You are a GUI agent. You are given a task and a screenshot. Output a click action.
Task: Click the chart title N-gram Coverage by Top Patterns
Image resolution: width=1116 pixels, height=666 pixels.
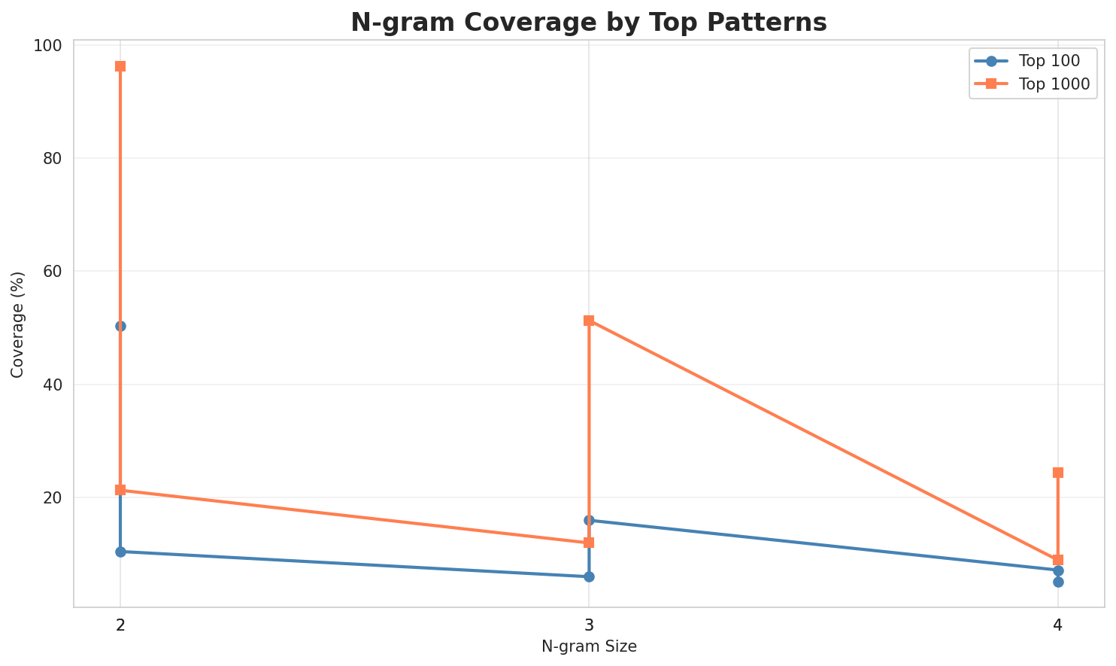(x=589, y=23)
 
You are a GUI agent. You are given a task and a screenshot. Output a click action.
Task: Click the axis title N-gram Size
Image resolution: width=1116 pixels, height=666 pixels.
(x=589, y=646)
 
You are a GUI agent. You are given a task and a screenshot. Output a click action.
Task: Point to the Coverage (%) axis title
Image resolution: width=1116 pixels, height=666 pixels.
(x=17, y=324)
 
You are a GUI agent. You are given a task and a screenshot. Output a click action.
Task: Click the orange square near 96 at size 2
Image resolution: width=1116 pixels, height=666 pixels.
(x=120, y=66)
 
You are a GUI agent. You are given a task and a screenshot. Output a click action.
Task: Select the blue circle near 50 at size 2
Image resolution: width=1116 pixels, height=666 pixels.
(x=120, y=326)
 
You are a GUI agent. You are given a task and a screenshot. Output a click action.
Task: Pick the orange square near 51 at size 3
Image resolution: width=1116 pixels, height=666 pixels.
(x=589, y=321)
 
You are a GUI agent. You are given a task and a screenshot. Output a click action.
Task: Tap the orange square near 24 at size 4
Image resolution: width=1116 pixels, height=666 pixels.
(x=1058, y=473)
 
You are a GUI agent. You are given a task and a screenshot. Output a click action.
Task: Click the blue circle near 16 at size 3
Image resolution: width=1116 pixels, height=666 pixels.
(x=589, y=520)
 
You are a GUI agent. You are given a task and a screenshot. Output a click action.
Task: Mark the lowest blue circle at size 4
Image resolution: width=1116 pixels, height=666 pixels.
(x=1058, y=582)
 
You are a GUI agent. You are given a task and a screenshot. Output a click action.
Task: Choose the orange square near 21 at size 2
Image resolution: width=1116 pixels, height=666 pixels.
(x=120, y=490)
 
